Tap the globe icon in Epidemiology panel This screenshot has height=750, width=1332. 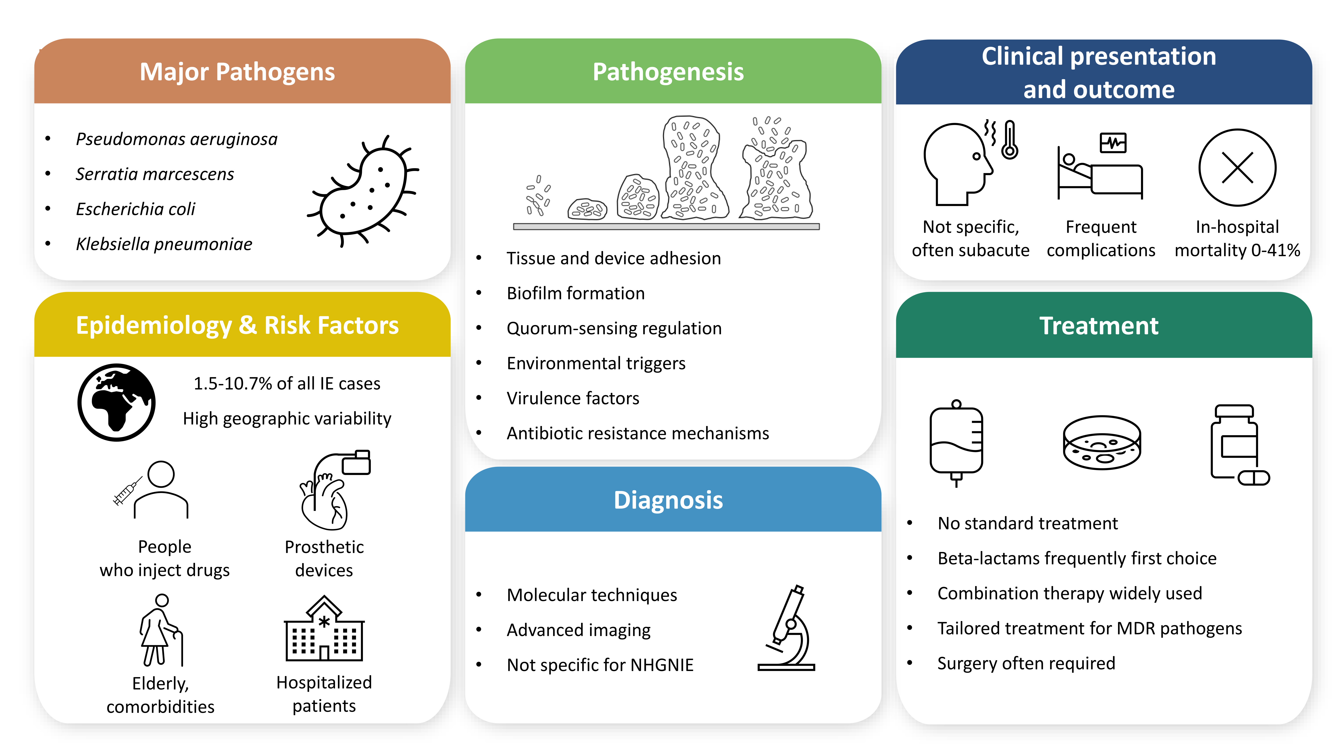point(116,402)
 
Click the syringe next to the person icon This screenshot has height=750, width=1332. point(126,491)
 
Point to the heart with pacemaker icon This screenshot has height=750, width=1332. point(331,492)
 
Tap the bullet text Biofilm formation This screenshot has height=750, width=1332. point(575,293)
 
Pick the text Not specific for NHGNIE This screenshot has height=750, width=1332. point(600,665)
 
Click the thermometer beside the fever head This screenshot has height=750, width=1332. point(1009,140)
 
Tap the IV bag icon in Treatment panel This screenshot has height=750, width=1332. point(956,443)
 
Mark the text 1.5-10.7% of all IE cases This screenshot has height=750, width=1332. point(287,384)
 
